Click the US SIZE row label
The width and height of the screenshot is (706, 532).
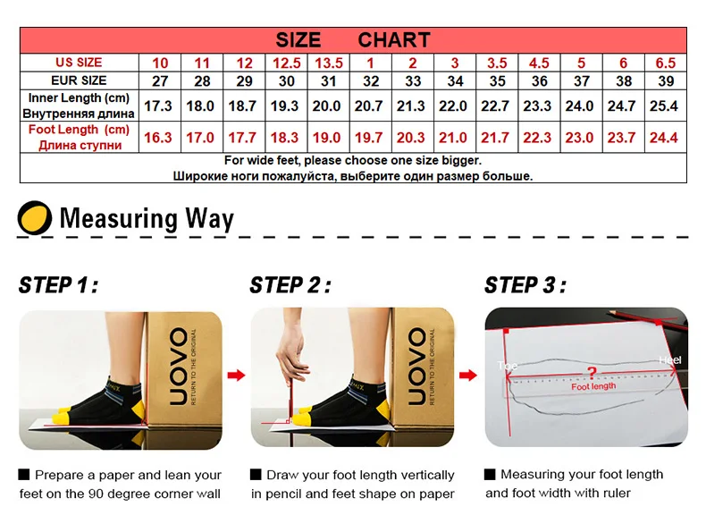[79, 63]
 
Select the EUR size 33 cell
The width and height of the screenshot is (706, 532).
[413, 81]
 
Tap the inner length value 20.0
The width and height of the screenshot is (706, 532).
[326, 106]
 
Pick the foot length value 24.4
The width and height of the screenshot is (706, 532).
[664, 138]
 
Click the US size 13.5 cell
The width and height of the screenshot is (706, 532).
[329, 63]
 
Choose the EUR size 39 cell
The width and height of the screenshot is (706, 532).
[666, 81]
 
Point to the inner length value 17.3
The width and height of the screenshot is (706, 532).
[158, 106]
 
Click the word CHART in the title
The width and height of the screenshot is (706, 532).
[394, 40]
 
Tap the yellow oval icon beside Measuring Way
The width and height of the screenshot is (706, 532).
[35, 217]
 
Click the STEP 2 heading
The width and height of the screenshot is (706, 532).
[290, 285]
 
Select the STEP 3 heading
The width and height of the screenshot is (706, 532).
[525, 285]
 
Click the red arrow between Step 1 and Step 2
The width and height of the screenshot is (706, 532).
[236, 375]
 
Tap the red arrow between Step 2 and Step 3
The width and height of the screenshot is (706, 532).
[467, 375]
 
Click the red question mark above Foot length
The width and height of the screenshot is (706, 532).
[592, 373]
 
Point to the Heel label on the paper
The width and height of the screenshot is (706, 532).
[670, 360]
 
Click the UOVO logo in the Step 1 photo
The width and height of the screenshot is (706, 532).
[179, 367]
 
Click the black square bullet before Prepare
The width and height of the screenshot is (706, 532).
[24, 475]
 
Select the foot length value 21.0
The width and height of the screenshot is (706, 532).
[453, 138]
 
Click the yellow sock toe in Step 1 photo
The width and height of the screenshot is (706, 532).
[63, 416]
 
